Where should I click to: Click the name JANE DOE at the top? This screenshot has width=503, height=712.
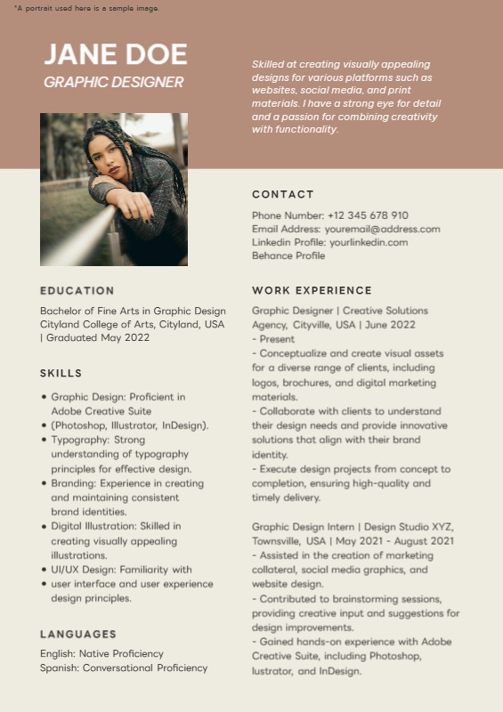(116, 54)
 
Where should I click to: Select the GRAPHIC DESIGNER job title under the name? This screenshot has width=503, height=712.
(113, 83)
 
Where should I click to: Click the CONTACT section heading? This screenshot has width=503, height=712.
(283, 194)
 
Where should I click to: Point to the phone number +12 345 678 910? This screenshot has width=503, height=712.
(368, 215)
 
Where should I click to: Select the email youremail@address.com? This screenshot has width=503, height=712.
(382, 229)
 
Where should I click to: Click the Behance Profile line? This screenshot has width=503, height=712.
(288, 255)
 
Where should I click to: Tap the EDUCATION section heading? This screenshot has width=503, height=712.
(77, 290)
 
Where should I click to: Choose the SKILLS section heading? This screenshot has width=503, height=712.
(61, 373)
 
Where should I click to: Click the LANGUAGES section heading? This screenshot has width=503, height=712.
(78, 634)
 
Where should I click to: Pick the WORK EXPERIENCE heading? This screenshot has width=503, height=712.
(312, 290)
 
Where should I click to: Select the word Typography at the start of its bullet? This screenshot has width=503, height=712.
(80, 440)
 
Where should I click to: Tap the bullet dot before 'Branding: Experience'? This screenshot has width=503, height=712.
(44, 483)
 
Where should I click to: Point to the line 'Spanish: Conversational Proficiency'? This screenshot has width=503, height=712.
(124, 667)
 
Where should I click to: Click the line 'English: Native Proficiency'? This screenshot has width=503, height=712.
(101, 653)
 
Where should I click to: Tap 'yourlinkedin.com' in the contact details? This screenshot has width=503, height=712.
(369, 242)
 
